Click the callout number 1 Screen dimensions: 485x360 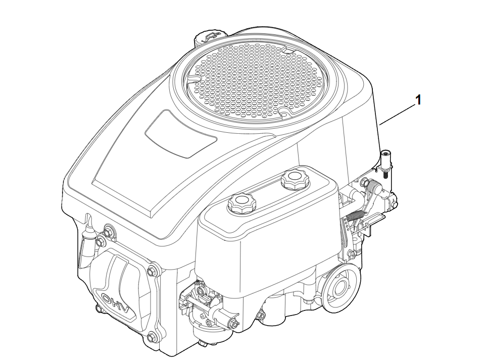(418, 100)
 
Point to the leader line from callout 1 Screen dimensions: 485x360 (398, 115)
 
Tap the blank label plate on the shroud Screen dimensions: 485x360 (181, 134)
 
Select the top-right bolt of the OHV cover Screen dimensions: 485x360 (151, 271)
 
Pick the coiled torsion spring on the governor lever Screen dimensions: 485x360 (373, 187)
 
